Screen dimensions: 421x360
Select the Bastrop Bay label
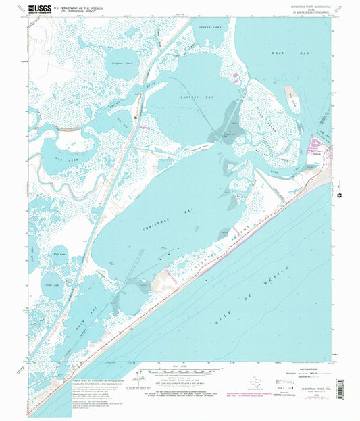(199, 97)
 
